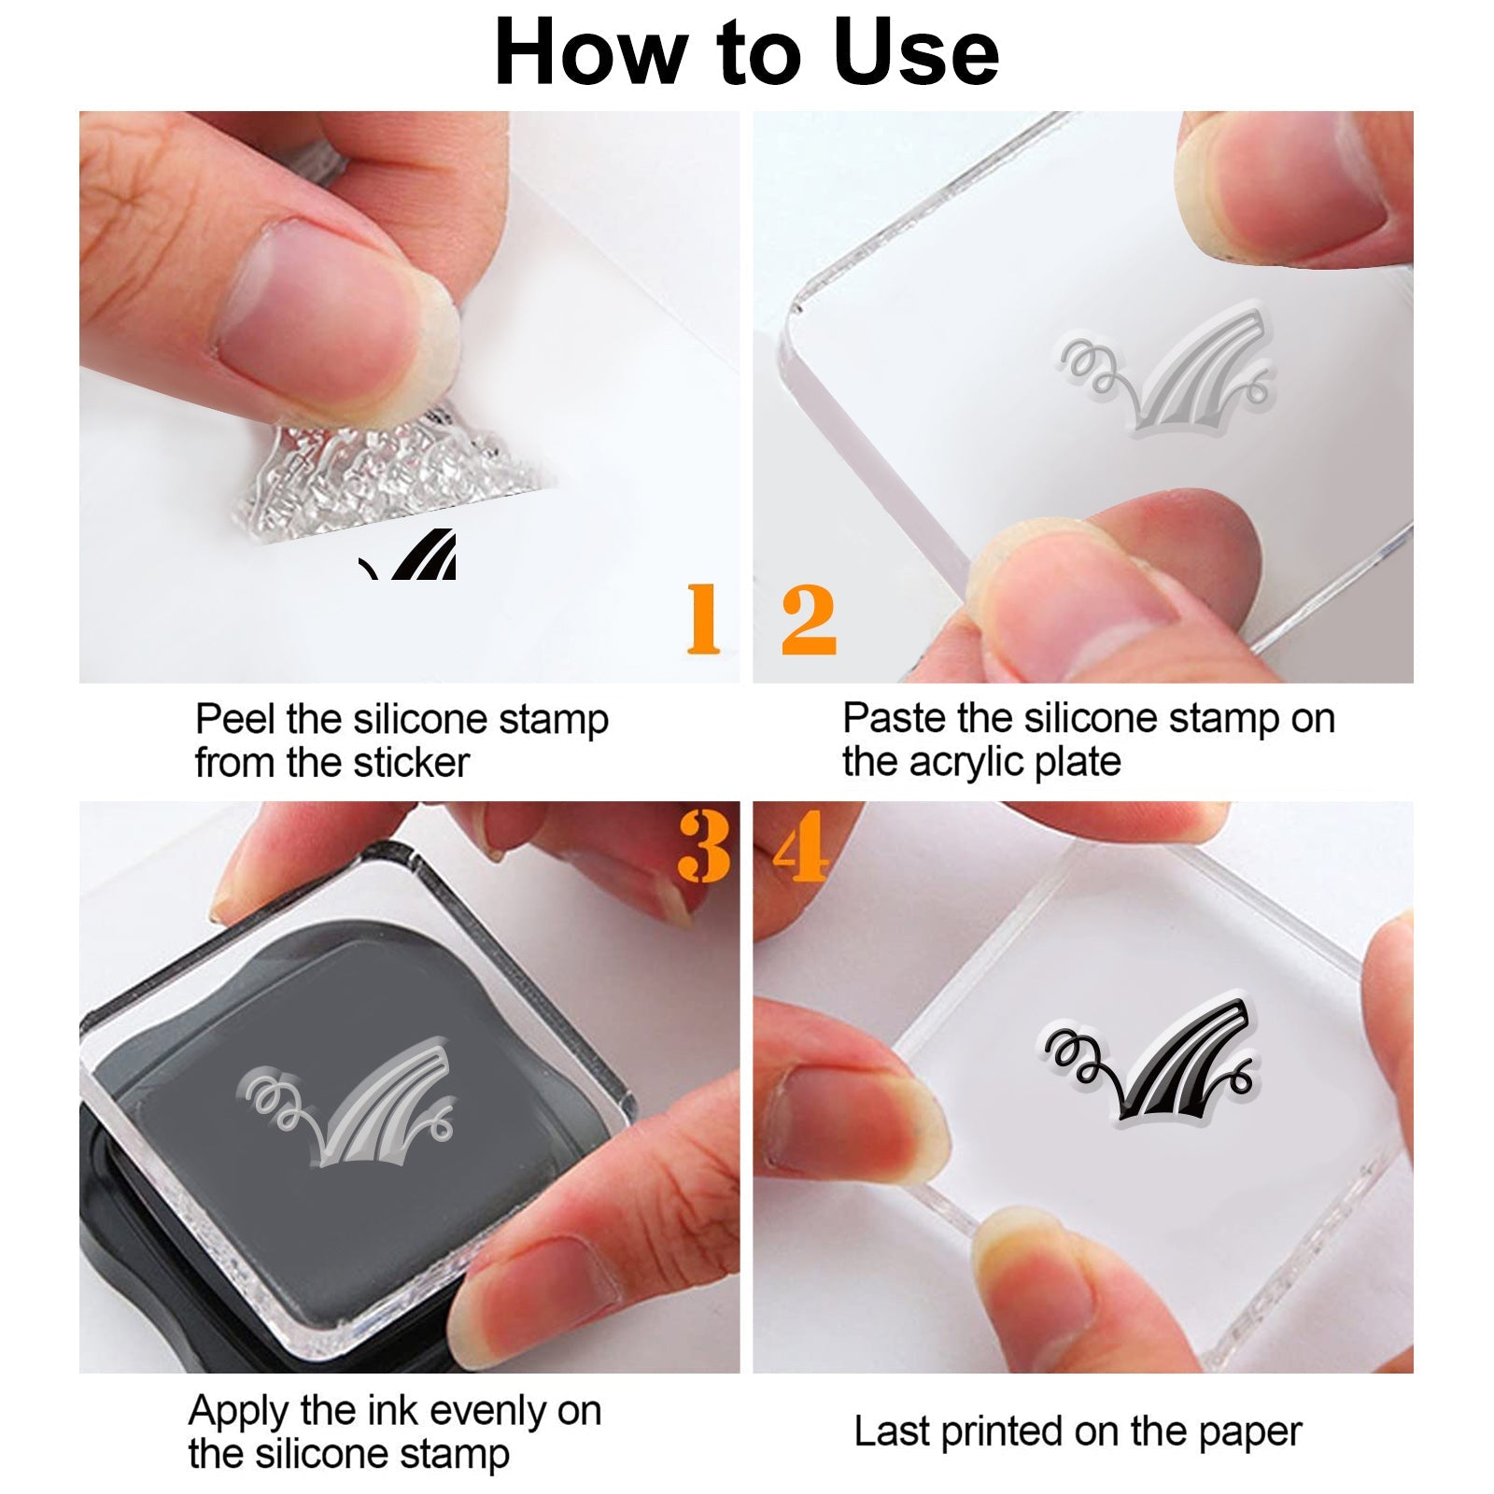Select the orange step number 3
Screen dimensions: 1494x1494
coord(704,846)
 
